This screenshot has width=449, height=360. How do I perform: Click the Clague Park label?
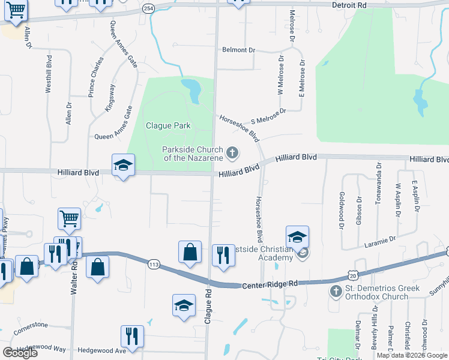(x=168, y=126)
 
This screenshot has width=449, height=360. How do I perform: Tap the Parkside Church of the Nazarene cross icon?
(x=232, y=154)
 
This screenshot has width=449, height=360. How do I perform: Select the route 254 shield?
(x=149, y=9)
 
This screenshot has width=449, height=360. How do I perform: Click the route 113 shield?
(x=154, y=264)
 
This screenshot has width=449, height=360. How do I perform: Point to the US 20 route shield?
(x=352, y=274)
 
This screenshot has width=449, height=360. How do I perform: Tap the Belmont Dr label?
(x=238, y=50)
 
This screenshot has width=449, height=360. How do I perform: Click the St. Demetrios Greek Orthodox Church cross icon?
(x=335, y=292)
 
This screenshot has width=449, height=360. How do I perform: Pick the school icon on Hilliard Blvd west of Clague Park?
(x=124, y=166)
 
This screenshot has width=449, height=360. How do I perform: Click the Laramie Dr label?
(x=380, y=242)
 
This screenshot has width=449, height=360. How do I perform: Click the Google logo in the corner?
(x=20, y=353)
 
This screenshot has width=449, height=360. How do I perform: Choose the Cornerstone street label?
(x=31, y=326)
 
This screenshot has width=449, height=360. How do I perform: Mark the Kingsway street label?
(x=110, y=97)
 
